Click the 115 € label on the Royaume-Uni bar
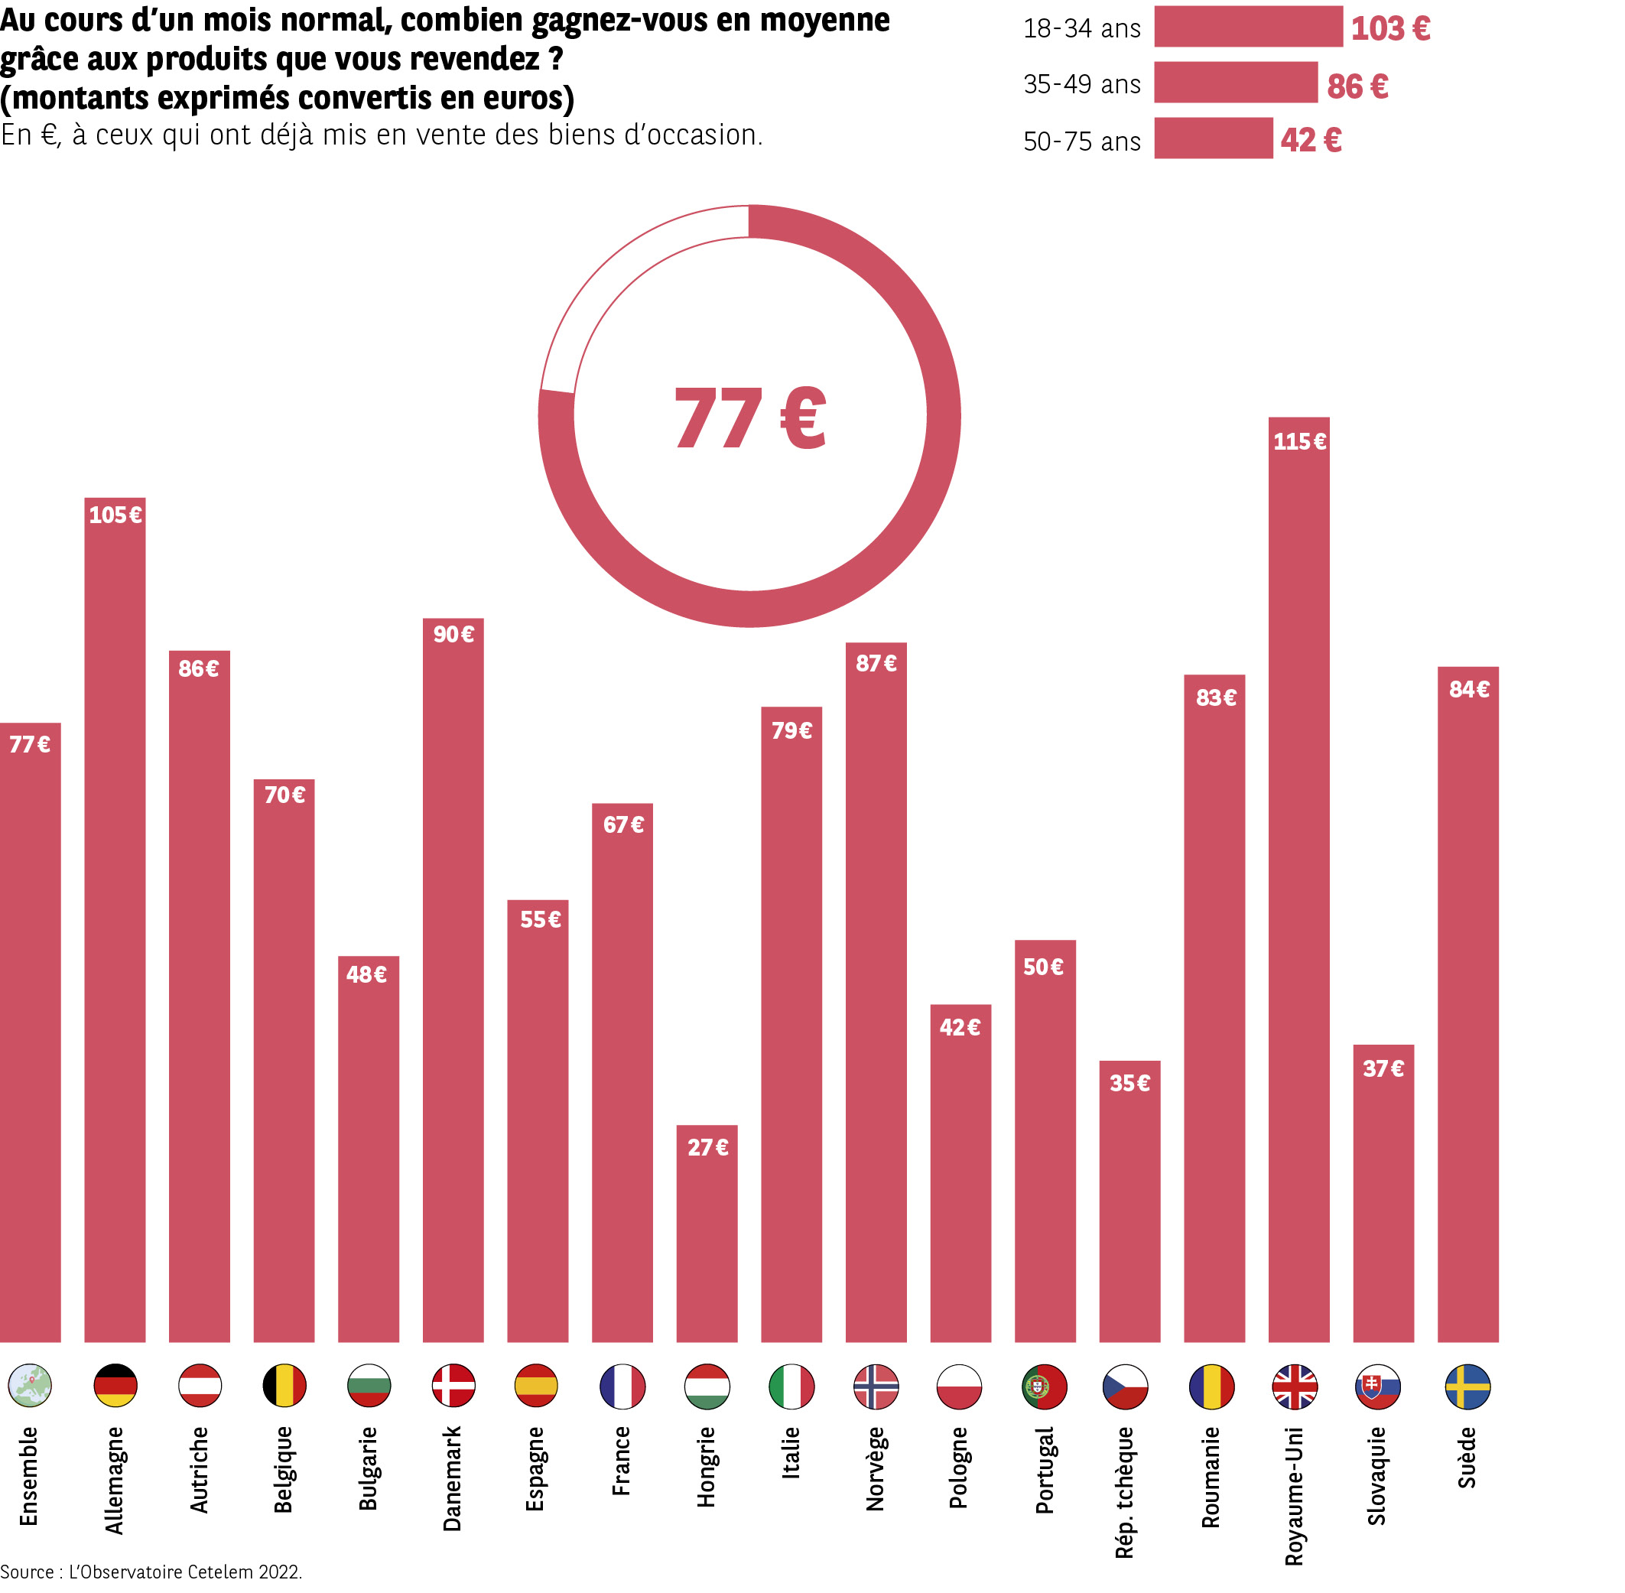(1298, 441)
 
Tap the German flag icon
(115, 1386)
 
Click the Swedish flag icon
(1467, 1386)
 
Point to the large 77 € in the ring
(749, 418)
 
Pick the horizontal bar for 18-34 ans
(1248, 27)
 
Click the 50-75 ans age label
(1081, 141)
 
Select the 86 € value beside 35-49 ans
(1357, 86)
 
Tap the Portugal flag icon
(1045, 1386)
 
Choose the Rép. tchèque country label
(1125, 1493)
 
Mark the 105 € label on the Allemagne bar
(115, 515)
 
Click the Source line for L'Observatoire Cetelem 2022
(151, 1572)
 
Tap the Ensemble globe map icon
(30, 1386)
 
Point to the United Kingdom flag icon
(1295, 1386)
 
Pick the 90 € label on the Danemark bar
(453, 634)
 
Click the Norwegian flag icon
(876, 1386)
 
